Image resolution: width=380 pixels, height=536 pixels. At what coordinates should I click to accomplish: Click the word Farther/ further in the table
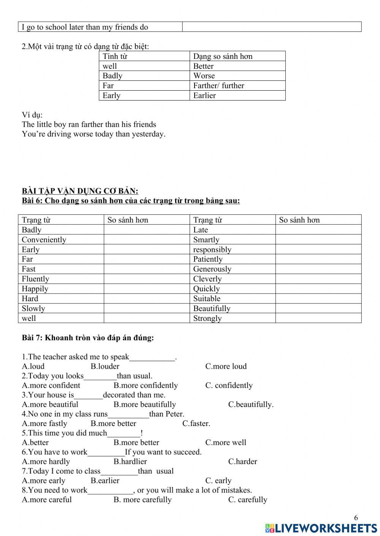(218, 86)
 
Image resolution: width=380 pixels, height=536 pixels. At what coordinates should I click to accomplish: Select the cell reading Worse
(204, 76)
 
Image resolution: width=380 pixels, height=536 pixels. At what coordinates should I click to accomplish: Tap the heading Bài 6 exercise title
(131, 201)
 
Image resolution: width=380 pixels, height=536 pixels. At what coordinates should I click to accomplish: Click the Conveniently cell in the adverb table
(44, 240)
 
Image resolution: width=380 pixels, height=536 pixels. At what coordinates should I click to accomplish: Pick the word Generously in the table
(212, 269)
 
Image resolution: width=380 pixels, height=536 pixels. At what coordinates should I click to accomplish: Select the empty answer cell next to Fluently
(146, 279)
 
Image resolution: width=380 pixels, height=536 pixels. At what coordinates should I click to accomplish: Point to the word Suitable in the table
(207, 299)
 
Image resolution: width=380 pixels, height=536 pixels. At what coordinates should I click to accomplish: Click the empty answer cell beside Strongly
(318, 318)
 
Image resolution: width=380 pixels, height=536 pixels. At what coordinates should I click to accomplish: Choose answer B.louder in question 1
(105, 366)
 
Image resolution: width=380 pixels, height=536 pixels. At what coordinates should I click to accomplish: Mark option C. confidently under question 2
(229, 385)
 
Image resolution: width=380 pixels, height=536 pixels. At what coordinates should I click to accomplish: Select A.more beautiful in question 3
(50, 404)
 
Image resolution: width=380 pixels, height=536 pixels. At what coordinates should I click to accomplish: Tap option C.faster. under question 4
(196, 423)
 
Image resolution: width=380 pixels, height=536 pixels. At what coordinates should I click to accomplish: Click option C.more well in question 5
(226, 442)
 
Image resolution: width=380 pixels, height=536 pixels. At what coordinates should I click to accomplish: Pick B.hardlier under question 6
(130, 462)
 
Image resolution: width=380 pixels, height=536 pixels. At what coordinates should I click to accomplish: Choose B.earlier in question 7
(105, 481)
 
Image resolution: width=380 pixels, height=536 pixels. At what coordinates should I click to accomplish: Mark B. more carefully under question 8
(142, 500)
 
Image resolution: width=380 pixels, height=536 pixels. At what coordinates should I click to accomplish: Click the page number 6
(356, 518)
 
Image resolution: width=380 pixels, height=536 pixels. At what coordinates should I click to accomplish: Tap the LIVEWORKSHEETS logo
(321, 528)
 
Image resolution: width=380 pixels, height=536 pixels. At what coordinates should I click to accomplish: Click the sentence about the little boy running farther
(89, 124)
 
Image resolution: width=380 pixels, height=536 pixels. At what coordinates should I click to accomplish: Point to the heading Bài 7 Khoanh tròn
(88, 338)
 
